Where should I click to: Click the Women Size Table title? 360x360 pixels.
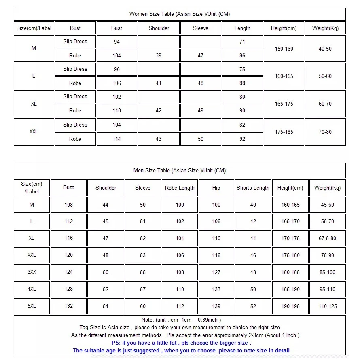pos(180,14)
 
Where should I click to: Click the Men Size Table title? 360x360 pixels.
pos(180,170)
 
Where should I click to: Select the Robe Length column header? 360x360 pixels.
pos(180,188)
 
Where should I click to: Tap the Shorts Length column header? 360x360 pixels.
pos(253,188)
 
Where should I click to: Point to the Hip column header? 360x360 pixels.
pos(216,188)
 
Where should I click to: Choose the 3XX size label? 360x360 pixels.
pos(32,272)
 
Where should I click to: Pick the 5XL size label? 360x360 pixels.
pos(32,306)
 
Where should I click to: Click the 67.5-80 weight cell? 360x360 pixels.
pos(327,238)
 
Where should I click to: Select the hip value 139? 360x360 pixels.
pos(216,306)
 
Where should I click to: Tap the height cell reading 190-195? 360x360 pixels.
pos(290,306)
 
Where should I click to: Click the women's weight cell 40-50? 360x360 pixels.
pos(325,49)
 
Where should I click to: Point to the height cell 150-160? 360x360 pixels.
pos(284,49)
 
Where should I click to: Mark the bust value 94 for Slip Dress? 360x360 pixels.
pos(117,42)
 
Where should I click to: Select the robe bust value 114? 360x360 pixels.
pos(117,139)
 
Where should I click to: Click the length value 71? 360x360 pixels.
pos(242,42)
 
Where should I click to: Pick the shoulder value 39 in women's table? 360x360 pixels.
pos(159,56)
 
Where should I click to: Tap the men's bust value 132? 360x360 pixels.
pos(69,306)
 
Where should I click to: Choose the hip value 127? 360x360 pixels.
pos(216,272)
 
